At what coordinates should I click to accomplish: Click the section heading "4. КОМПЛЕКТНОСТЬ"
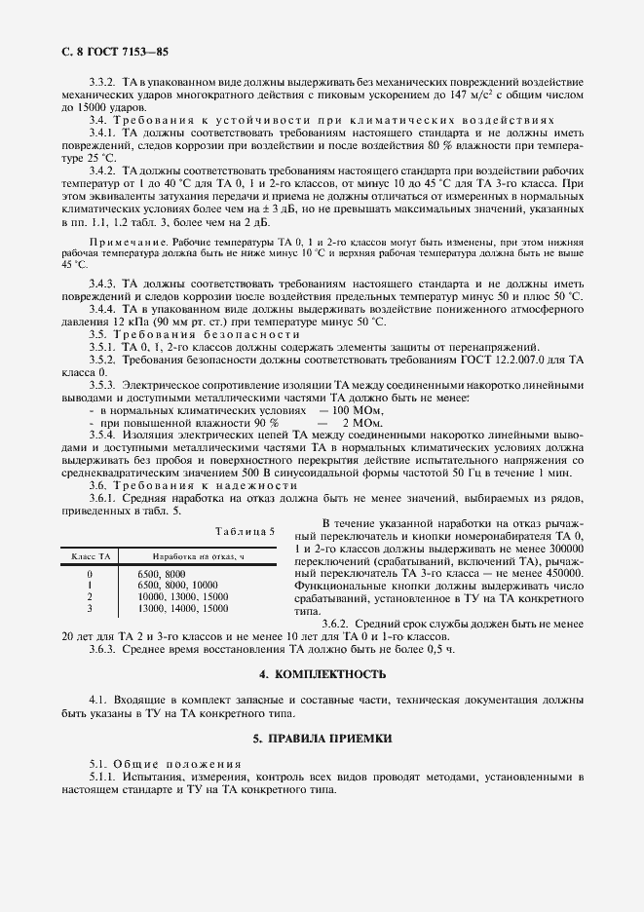(322, 673)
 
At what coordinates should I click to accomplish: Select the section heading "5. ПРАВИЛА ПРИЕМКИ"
(322, 739)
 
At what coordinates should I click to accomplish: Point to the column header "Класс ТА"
(90, 554)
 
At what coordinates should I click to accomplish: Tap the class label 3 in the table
(90, 607)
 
